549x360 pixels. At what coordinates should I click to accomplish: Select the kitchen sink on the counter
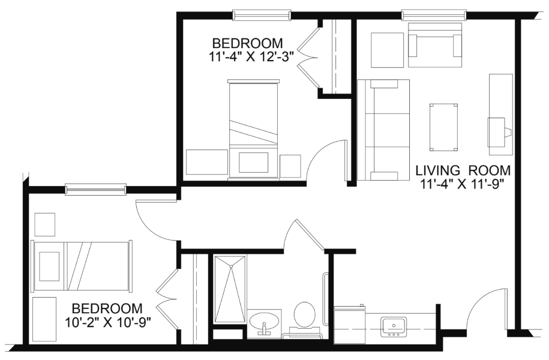394,327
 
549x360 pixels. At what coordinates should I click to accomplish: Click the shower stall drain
231,267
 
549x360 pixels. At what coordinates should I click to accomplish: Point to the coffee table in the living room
444,127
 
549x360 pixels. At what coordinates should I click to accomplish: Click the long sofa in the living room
383,130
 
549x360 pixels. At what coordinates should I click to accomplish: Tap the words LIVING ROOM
463,170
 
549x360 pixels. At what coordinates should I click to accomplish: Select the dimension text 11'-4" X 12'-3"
250,56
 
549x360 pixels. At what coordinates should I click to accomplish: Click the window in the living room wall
434,15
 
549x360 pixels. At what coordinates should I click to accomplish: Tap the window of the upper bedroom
262,15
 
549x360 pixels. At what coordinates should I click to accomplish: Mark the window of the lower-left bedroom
95,189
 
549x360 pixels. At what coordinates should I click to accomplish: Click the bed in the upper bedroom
254,130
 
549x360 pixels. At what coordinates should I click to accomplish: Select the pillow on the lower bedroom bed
49,266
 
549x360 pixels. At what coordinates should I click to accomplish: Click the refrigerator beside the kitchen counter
350,325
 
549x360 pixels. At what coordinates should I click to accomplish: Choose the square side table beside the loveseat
388,50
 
